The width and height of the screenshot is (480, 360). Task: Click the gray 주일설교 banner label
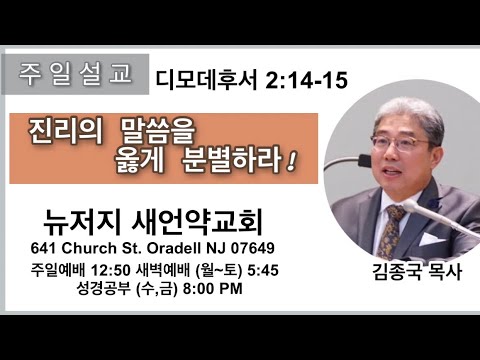pos(75,74)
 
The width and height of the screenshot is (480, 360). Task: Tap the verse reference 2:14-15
pos(306,80)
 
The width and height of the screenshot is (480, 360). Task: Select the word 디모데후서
pos(207,80)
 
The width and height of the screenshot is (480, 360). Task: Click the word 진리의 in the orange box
pos(66,132)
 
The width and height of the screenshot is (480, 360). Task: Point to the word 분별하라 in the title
pos(232,161)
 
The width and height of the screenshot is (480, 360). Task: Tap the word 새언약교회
pos(197,222)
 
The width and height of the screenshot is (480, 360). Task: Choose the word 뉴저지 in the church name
pos(82,222)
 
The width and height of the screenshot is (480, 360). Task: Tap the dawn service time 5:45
pos(263,270)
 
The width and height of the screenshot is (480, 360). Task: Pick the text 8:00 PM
pos(213,289)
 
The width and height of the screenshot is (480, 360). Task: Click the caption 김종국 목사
pos(417,272)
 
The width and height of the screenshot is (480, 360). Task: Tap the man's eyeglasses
pos(402,144)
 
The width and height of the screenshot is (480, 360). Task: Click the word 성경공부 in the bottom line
pos(103,289)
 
